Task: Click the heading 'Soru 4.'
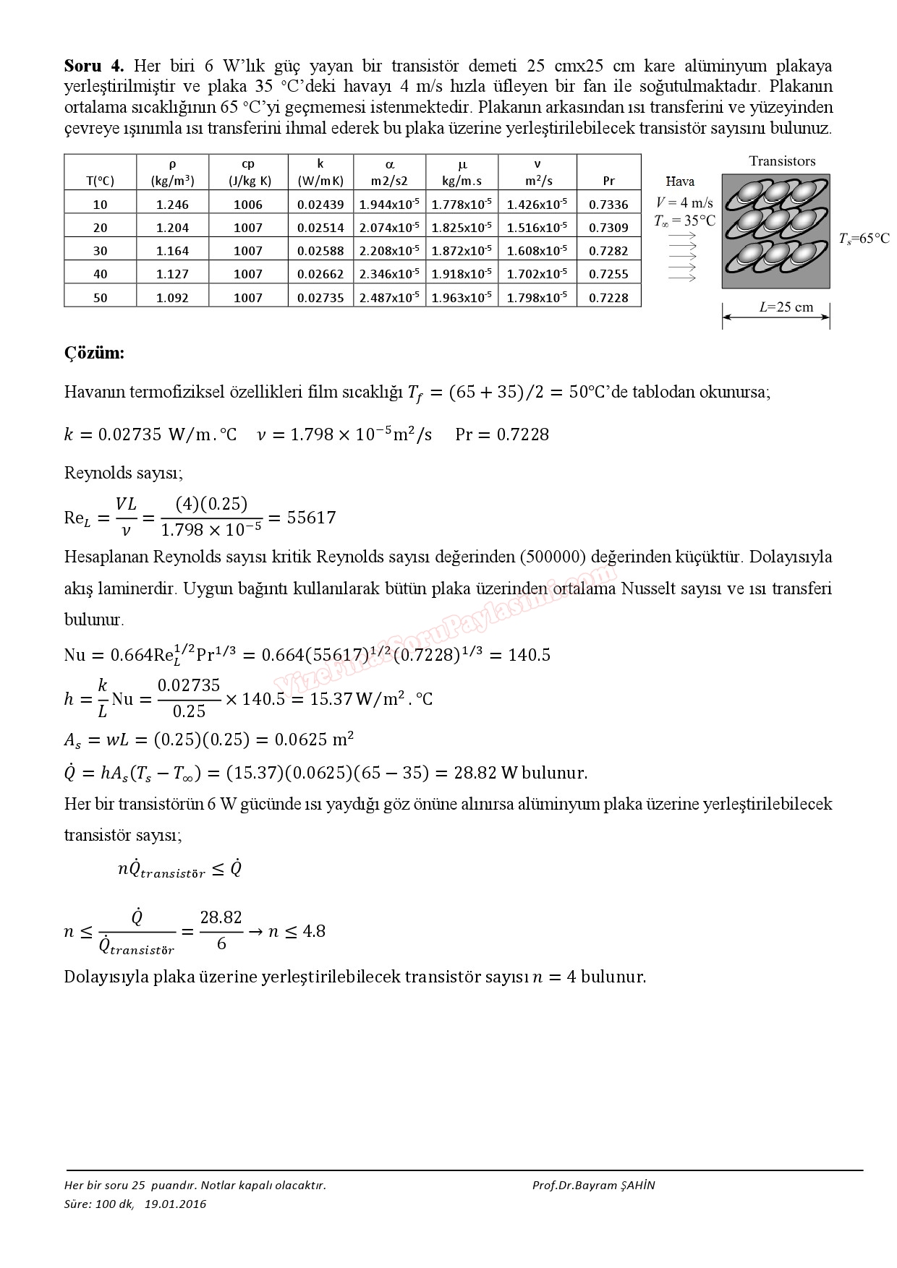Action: tap(94, 66)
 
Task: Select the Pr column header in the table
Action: tap(608, 181)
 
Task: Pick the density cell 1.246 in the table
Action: tap(172, 205)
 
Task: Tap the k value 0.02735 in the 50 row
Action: tap(320, 297)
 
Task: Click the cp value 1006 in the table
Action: tap(248, 205)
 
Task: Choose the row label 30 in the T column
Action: tap(100, 251)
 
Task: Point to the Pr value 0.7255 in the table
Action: tap(608, 274)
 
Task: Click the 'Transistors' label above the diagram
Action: tap(782, 161)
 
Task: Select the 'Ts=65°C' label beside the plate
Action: tap(864, 239)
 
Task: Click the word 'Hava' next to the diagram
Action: tap(680, 182)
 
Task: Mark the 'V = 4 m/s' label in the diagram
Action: tap(684, 202)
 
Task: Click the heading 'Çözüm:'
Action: tap(94, 353)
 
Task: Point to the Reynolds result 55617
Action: tap(311, 518)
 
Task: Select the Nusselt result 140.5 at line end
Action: tap(529, 655)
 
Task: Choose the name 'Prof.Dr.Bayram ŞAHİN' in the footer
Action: tap(593, 1185)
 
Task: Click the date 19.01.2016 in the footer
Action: tap(175, 1204)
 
